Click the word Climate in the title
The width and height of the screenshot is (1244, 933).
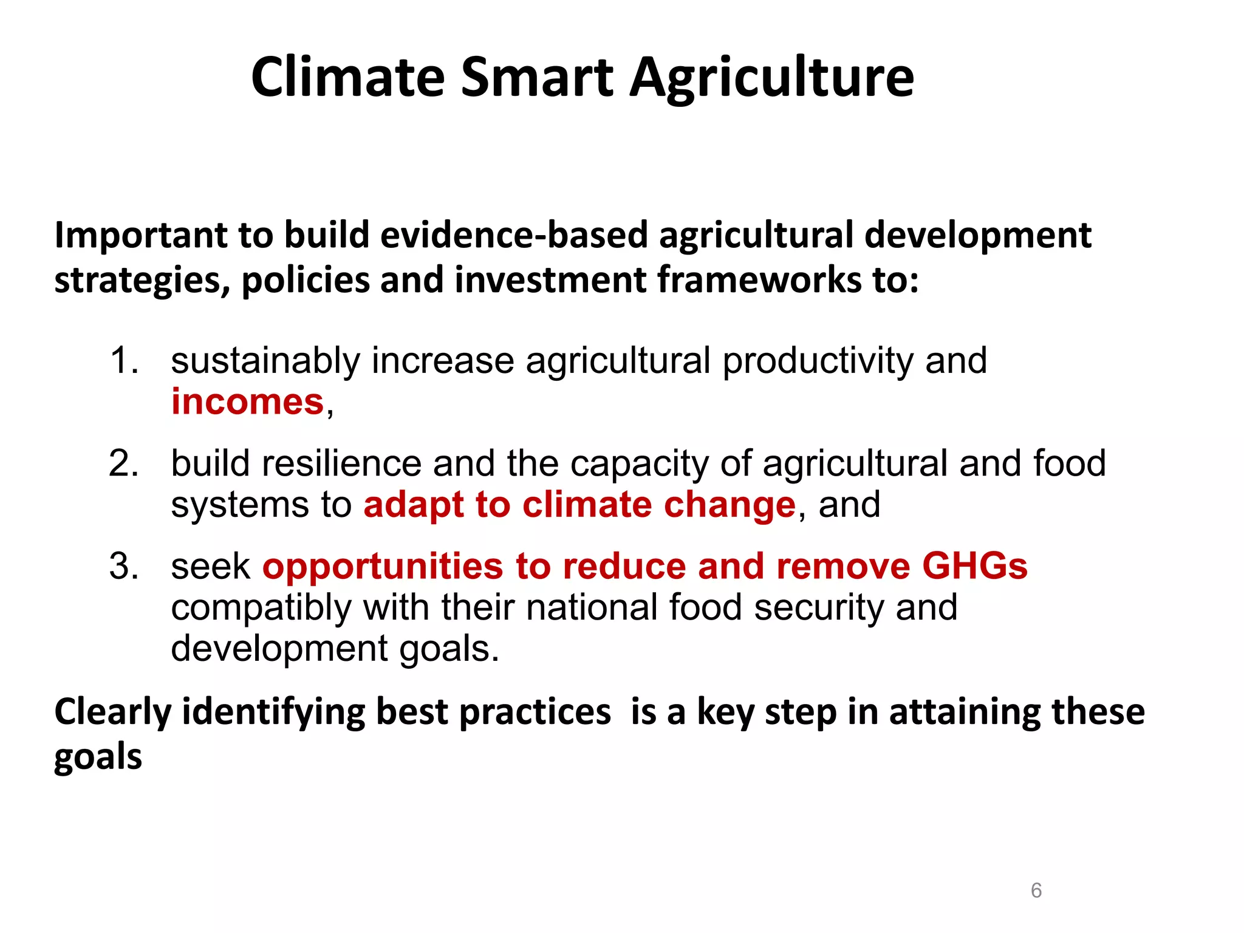click(x=348, y=77)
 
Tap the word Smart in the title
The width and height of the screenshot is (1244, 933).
click(x=537, y=77)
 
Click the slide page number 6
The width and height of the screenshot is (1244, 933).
click(x=1036, y=890)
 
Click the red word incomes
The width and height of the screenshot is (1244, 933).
click(x=247, y=402)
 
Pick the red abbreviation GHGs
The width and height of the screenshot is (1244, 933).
click(x=974, y=566)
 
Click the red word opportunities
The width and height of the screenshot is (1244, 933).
click(x=383, y=567)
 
